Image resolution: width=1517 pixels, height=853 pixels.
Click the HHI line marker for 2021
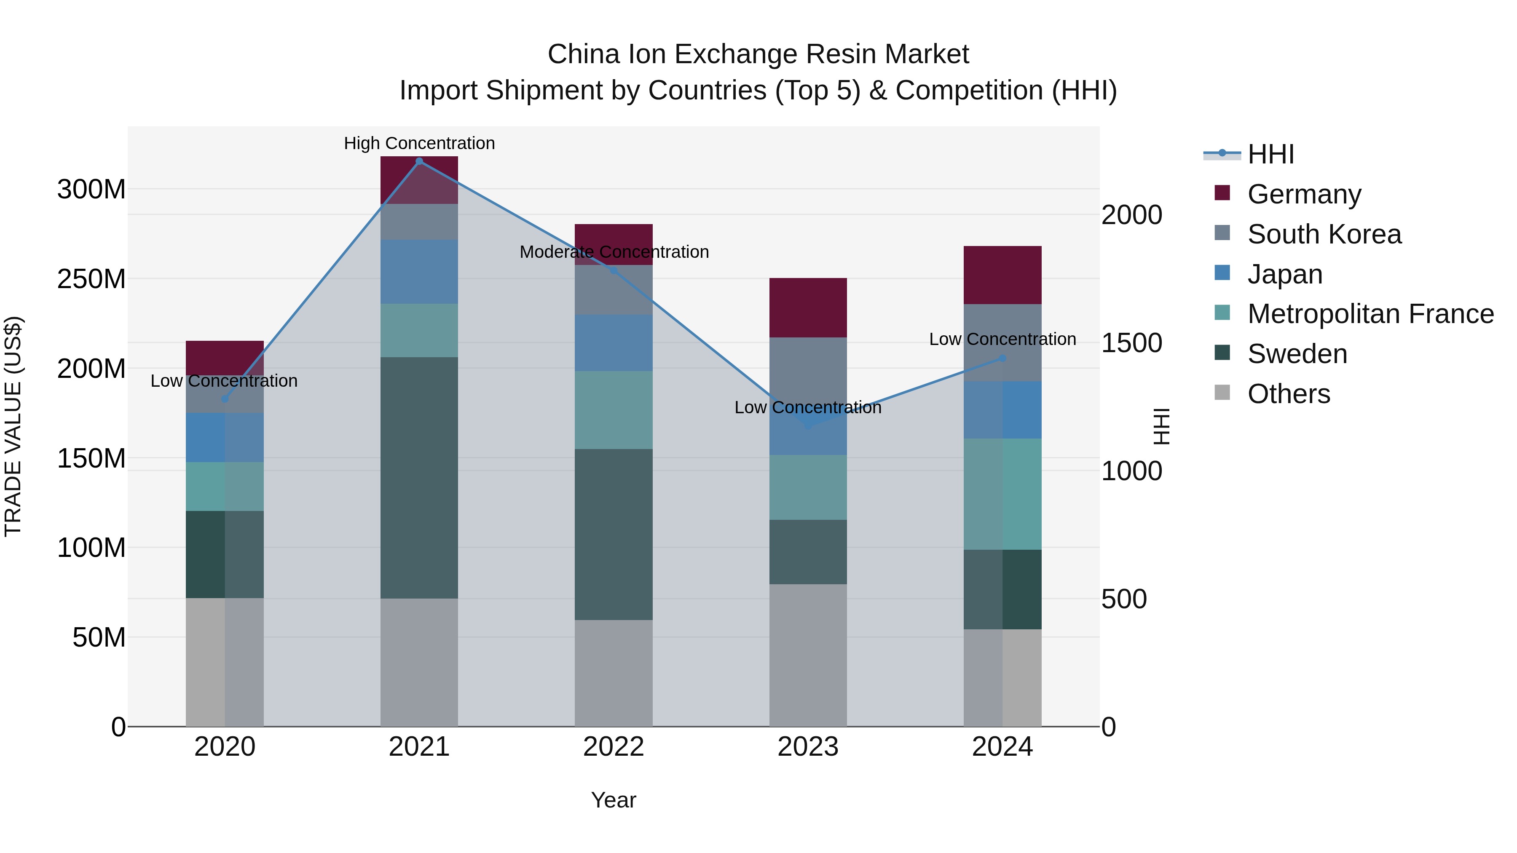(419, 161)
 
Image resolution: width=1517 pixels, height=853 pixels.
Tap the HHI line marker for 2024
(1002, 358)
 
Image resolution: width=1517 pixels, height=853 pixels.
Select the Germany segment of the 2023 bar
(808, 308)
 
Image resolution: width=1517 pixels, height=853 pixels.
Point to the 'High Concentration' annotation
(419, 143)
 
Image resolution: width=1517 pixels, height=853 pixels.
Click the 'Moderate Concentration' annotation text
(614, 252)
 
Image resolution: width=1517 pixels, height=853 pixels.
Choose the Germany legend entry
(1304, 194)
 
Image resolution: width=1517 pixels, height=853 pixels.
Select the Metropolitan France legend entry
(1370, 314)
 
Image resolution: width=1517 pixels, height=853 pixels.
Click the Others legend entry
(1289, 393)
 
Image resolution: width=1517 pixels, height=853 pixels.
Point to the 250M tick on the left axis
(91, 279)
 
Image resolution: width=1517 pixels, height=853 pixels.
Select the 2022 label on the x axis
(614, 746)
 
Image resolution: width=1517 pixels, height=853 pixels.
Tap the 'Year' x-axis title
(614, 800)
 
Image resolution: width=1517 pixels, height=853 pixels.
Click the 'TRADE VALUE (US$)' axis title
(13, 426)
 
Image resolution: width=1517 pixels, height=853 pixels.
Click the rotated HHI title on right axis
(1161, 426)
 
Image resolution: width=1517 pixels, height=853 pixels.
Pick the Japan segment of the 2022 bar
(614, 342)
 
